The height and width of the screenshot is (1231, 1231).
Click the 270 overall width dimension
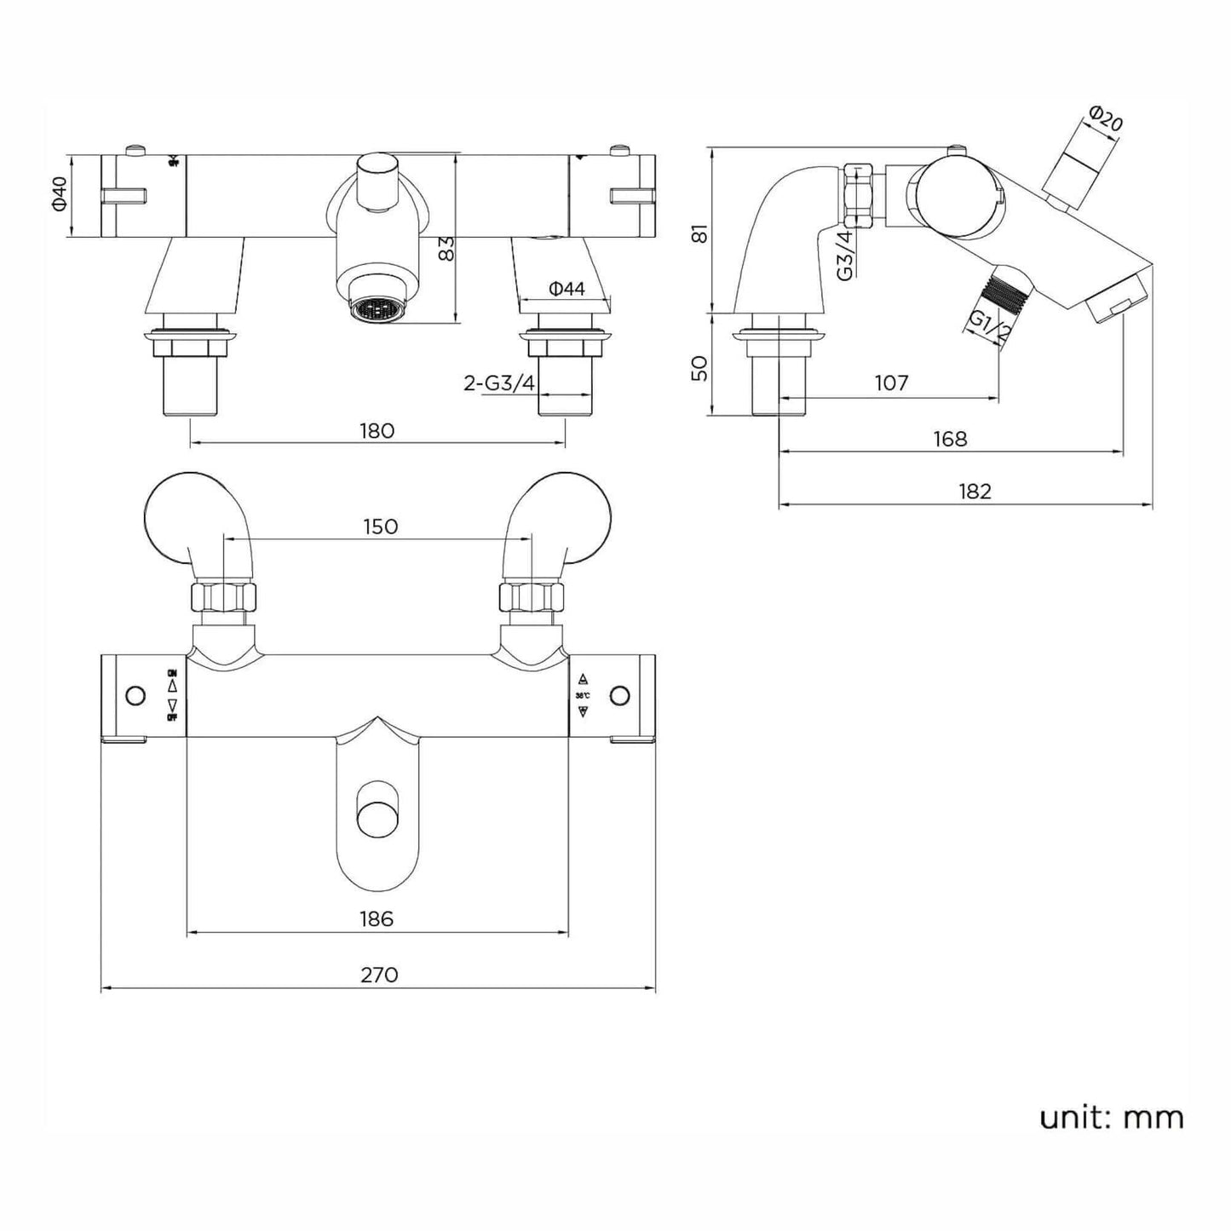click(x=379, y=974)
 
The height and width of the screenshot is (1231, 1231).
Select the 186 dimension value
click(x=377, y=918)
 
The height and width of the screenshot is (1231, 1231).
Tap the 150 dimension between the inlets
click(x=380, y=526)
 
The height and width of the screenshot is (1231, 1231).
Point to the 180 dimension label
click(x=377, y=430)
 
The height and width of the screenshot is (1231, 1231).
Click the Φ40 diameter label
click(x=59, y=195)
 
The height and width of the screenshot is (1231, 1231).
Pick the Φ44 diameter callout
click(x=567, y=289)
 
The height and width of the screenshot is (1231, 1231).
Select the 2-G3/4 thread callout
click(x=499, y=383)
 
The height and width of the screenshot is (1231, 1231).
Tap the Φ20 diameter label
click(x=1106, y=118)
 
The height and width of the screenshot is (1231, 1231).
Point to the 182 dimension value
click(x=975, y=491)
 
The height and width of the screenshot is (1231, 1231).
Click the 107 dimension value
click(x=891, y=383)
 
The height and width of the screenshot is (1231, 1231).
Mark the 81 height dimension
click(x=699, y=233)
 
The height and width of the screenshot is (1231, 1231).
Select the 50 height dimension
click(x=699, y=368)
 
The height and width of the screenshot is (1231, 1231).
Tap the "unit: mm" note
click(x=1111, y=1117)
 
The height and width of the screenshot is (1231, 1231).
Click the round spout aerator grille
click(x=371, y=309)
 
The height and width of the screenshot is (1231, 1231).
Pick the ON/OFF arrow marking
click(x=172, y=695)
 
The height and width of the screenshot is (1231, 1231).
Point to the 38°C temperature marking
click(x=583, y=694)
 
